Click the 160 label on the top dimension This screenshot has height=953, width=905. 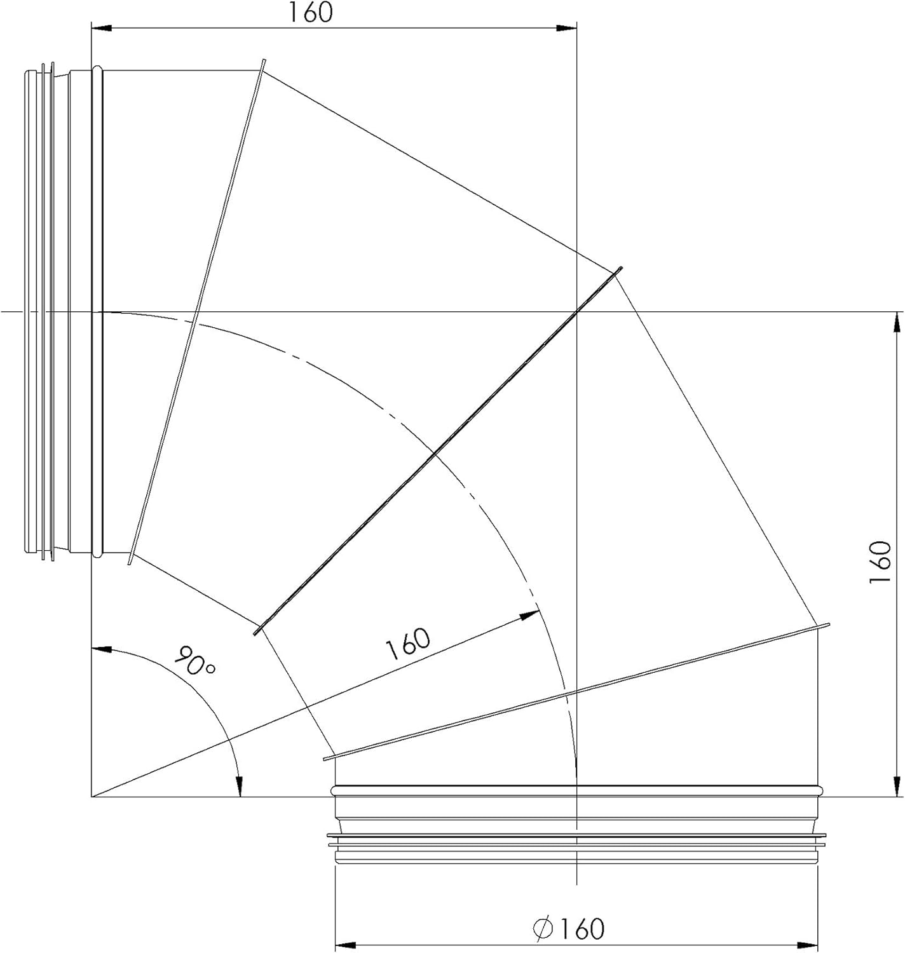tap(311, 13)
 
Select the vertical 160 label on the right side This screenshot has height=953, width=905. tap(881, 564)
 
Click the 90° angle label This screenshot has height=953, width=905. tap(196, 661)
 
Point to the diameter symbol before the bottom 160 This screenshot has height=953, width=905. tap(544, 928)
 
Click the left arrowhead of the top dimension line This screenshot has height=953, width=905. tap(102, 28)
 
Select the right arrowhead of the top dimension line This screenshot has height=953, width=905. tap(566, 28)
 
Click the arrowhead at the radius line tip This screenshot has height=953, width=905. tap(529, 614)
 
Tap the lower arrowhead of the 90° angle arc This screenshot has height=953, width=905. tap(240, 787)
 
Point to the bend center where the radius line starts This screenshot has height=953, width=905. tap(92, 796)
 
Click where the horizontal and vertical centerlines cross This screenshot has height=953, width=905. tap(576, 312)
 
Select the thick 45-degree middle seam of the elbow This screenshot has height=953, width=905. tap(439, 450)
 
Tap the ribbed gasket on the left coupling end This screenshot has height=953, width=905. tap(44, 311)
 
